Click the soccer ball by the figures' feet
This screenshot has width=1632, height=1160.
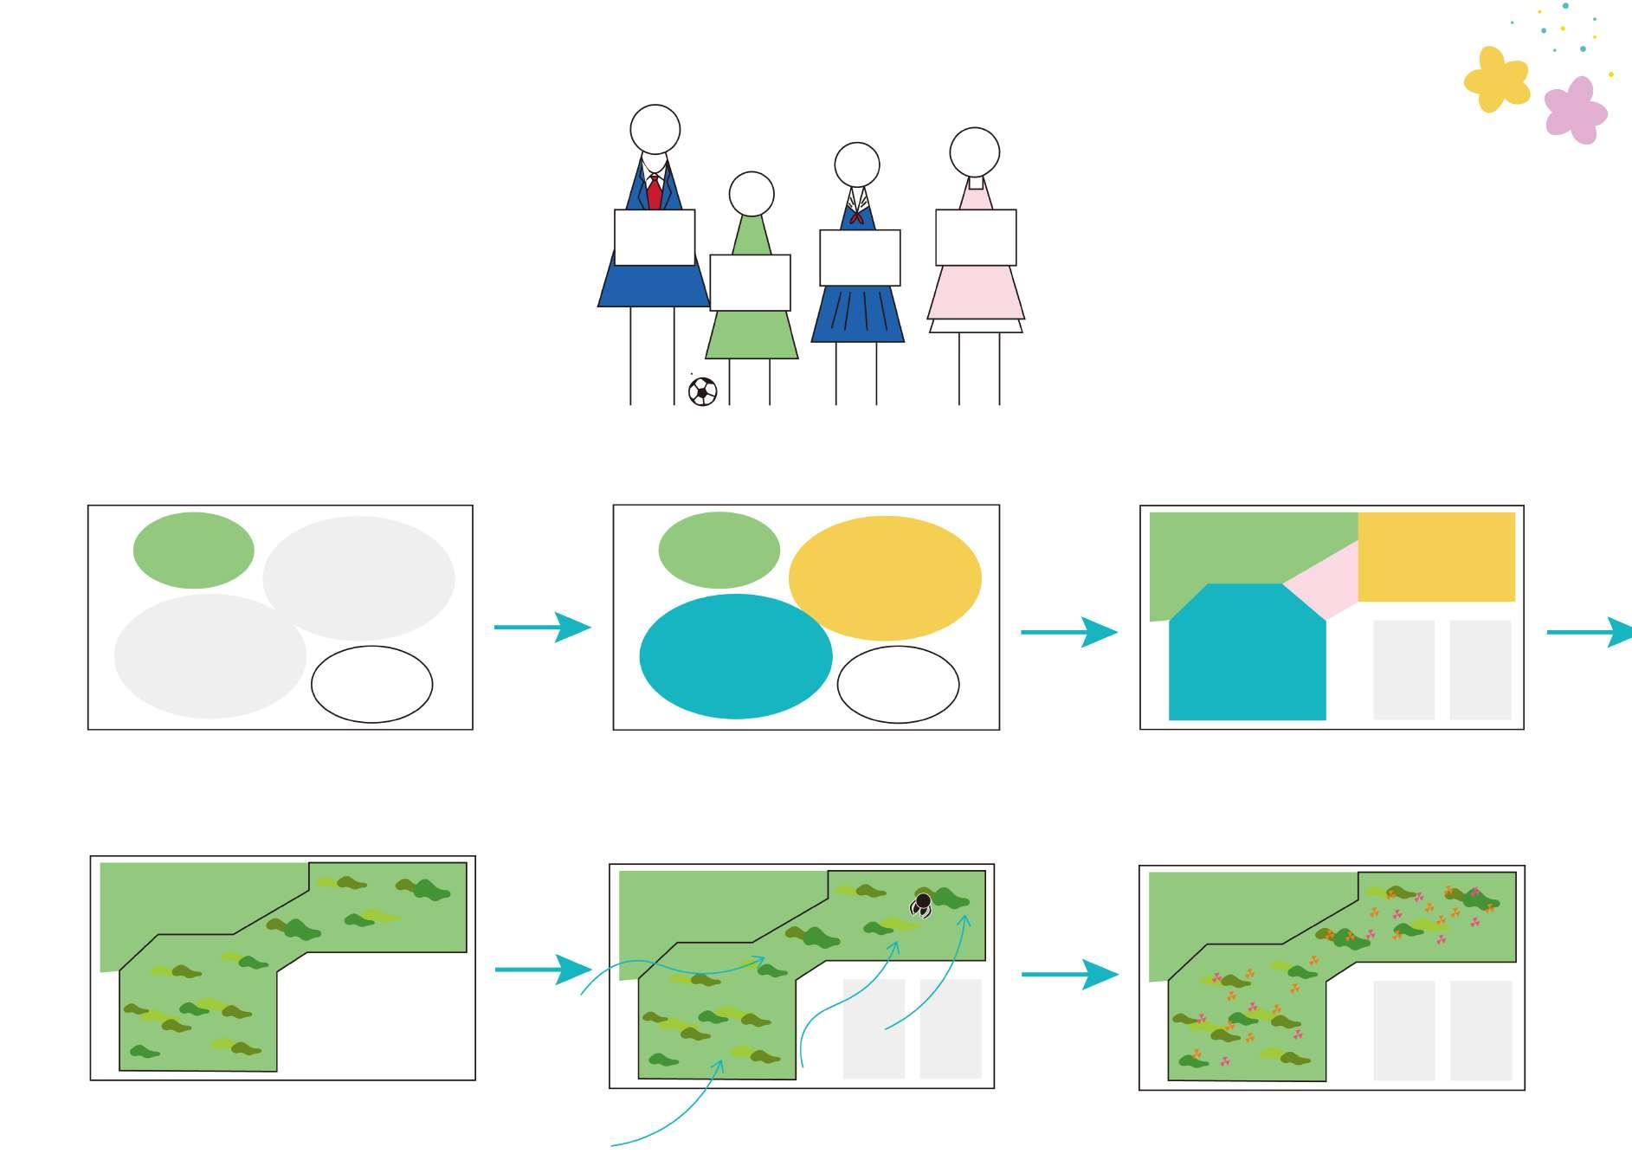click(x=702, y=391)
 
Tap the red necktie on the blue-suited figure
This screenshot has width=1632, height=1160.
click(x=655, y=192)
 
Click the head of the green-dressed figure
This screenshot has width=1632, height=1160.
click(x=751, y=194)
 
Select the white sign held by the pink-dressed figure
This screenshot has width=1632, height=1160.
click(x=976, y=237)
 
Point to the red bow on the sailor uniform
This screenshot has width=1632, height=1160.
click(x=856, y=216)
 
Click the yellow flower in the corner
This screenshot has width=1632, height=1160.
click(x=1495, y=80)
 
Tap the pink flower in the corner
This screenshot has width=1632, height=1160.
click(x=1576, y=110)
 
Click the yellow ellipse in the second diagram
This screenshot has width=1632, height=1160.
click(x=885, y=577)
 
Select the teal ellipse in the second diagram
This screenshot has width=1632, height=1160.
click(x=735, y=656)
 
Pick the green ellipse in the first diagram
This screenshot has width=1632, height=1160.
click(x=193, y=551)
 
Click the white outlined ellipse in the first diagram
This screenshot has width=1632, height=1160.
click(x=371, y=684)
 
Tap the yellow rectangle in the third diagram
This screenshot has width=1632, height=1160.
click(x=1435, y=557)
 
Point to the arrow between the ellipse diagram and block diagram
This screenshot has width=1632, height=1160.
click(x=1068, y=632)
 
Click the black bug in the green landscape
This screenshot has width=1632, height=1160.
click(x=922, y=905)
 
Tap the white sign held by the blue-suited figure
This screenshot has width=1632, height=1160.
click(x=655, y=237)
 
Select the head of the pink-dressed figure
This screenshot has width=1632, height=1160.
click(x=975, y=152)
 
